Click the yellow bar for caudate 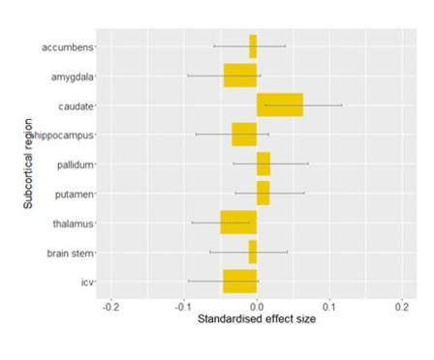pos(280,105)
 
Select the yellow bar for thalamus pos(238,223)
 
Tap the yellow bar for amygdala pos(240,75)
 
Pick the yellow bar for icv pos(239,282)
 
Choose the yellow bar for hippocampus pos(244,135)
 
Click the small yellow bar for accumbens pos(253,45)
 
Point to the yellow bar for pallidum pos(263,164)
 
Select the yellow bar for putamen pos(263,194)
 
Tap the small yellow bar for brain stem pos(253,252)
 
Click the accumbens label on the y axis pos(67,46)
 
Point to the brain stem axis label pos(69,253)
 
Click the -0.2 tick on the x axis pos(110,307)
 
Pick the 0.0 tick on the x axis pos(257,307)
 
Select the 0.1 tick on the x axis pos(329,307)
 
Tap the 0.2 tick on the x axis pos(401,307)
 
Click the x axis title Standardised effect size pos(257,319)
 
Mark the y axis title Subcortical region pos(30,165)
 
